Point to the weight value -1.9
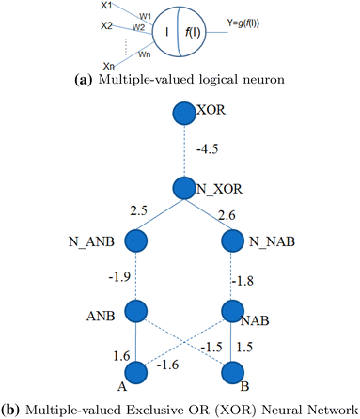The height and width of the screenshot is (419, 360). click(120, 277)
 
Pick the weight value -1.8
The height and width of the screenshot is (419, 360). click(244, 279)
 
